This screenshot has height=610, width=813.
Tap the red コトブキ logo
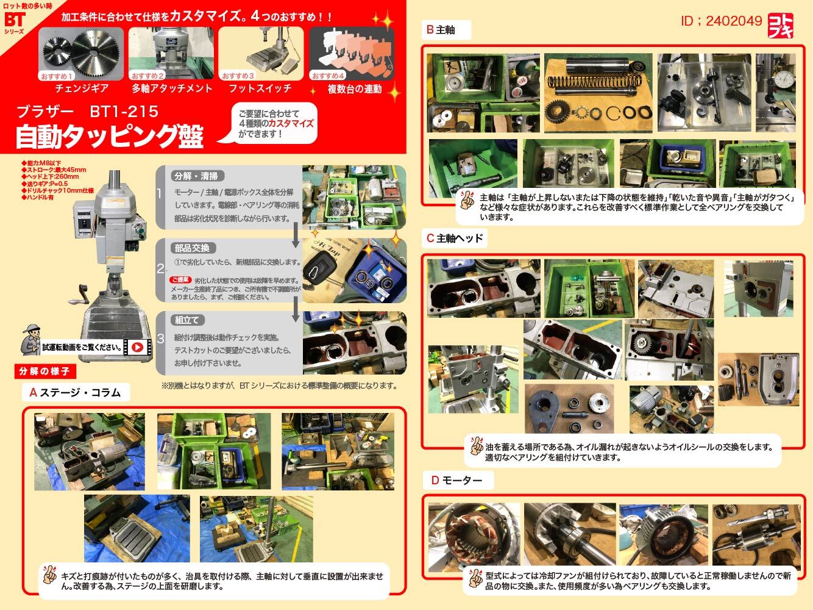coord(782,25)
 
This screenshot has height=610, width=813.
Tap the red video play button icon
coord(138,347)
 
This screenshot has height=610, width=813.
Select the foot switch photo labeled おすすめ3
coord(260,53)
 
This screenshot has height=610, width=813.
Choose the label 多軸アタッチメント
coord(172,88)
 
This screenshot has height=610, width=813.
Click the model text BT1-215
coord(124,112)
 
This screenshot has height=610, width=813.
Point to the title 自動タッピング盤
coord(109,137)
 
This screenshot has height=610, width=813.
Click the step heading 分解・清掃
coord(196,176)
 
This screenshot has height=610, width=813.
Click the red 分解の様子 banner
coord(44,371)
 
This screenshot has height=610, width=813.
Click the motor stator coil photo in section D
coord(474,533)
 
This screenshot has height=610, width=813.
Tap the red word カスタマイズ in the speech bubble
coord(291,123)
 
